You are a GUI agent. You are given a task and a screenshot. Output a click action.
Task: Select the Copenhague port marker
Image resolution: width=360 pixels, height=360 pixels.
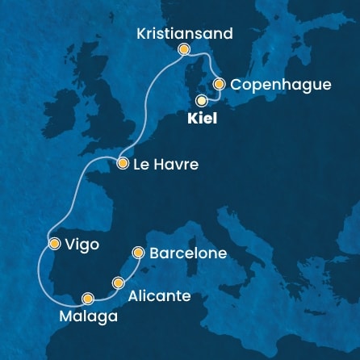click(219, 83)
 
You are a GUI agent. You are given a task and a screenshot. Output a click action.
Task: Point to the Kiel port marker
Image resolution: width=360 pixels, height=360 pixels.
click(201, 100)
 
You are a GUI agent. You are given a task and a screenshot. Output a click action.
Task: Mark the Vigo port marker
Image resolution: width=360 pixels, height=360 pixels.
click(53, 243)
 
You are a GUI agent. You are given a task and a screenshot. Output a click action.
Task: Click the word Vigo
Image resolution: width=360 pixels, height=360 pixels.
click(82, 244)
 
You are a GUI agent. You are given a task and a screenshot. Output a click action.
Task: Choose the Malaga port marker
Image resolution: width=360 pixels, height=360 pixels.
click(88, 298)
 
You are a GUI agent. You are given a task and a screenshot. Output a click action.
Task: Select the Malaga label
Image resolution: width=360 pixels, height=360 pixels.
click(88, 315)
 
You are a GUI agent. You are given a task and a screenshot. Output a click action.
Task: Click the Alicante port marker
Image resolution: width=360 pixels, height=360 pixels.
click(119, 283)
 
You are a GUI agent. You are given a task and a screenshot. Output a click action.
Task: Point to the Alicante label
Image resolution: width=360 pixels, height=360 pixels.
click(159, 296)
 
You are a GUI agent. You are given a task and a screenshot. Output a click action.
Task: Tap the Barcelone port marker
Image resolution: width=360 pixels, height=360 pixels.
click(138, 252)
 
